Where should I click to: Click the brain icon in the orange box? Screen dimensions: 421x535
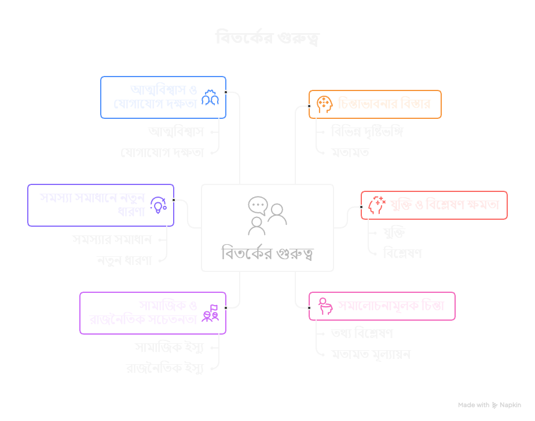pos(324,104)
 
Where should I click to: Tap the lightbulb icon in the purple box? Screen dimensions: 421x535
pos(158,204)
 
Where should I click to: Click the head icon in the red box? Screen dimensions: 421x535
pos(376,205)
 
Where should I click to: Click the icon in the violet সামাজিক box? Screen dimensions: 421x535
pos(210,313)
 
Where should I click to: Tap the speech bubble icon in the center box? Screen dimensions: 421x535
pos(258,206)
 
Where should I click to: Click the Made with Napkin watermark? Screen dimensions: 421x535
pos(489,405)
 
